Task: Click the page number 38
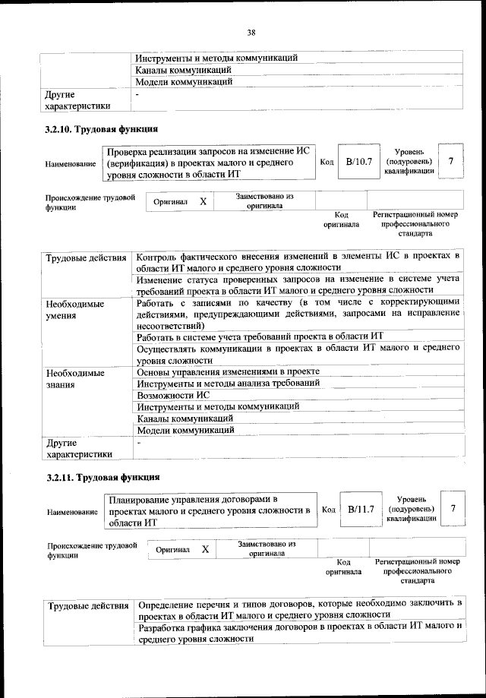pyautogui.click(x=251, y=32)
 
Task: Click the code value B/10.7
pyautogui.click(x=359, y=161)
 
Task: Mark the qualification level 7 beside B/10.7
pyautogui.click(x=451, y=161)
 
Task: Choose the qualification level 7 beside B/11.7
pyautogui.click(x=453, y=508)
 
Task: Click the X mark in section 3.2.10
pyautogui.click(x=203, y=202)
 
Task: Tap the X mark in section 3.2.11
pyautogui.click(x=205, y=549)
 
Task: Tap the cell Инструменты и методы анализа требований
pyautogui.click(x=228, y=384)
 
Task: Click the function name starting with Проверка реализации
pyautogui.click(x=209, y=163)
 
